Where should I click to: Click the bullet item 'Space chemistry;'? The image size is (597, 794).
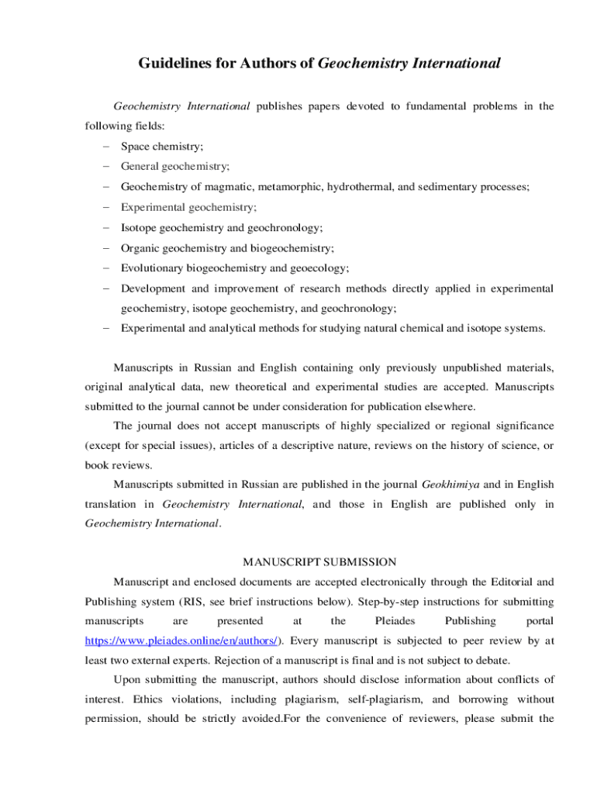(x=162, y=146)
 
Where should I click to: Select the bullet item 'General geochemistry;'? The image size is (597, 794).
(x=174, y=166)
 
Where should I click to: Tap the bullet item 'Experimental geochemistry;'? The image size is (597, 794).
(x=188, y=207)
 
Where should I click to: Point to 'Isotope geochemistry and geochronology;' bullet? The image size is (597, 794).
(x=222, y=228)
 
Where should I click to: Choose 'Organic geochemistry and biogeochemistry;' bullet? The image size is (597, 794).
(x=227, y=248)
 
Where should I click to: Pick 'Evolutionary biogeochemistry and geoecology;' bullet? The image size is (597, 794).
(x=235, y=268)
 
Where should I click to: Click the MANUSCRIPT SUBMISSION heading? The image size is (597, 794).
(x=319, y=561)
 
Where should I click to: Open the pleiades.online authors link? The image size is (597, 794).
(x=182, y=641)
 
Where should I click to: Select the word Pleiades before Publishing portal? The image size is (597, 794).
(x=395, y=621)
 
